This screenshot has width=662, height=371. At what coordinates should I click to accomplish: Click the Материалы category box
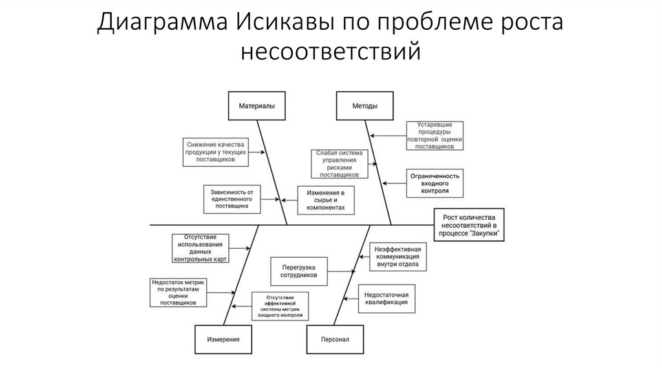(257, 107)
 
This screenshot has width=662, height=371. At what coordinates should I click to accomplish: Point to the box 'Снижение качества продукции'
(215, 152)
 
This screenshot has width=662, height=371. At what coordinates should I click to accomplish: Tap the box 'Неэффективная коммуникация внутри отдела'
(399, 257)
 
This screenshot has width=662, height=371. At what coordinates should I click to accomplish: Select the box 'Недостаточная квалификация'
(385, 297)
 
